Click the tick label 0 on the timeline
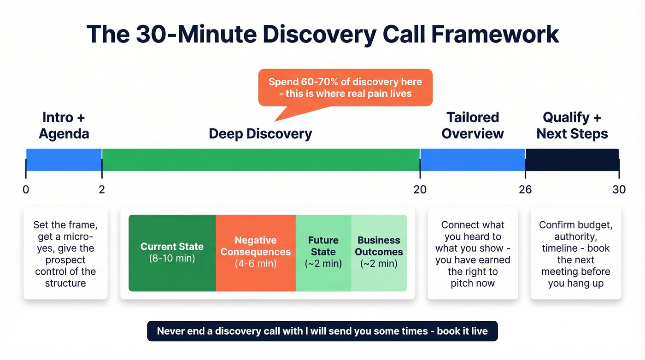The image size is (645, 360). coord(26,189)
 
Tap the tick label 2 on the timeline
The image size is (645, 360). coord(102,189)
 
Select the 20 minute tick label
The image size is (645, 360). coord(420,189)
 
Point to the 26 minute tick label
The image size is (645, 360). coord(525,189)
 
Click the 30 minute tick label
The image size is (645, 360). coord(619,189)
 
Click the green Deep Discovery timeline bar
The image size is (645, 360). coord(261,160)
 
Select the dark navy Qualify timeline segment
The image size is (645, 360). coord(572,160)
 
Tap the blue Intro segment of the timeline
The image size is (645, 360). coord(64,160)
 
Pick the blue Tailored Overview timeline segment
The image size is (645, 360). coord(472,160)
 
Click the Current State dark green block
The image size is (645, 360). coord(172,253)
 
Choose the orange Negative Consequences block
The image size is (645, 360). coord(256,253)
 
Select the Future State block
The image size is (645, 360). coord(323,253)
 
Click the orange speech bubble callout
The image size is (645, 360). coord(345,88)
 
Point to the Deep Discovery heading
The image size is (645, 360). coord(260,134)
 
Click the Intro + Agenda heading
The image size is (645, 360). coord(64,125)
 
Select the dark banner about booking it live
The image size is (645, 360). coord(322,331)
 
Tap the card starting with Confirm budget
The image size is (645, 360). coord(575,254)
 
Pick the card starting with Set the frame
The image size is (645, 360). coord(65,254)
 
